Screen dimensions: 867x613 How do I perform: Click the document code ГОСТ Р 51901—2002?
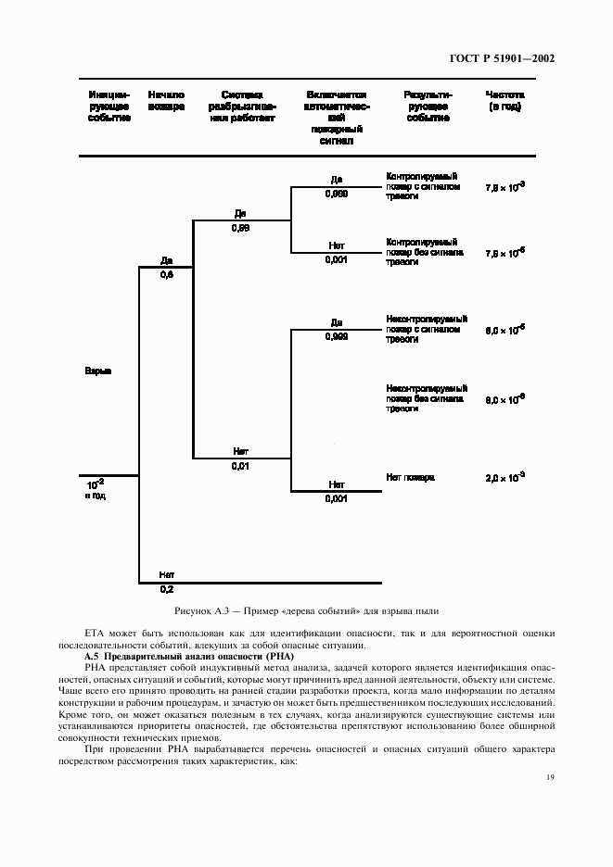[x=503, y=58]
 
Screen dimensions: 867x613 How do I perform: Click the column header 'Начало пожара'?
[x=166, y=101]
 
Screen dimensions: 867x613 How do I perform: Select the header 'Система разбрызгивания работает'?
[x=242, y=107]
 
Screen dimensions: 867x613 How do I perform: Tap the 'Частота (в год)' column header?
[x=504, y=101]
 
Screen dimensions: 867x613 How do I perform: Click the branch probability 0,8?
[x=166, y=275]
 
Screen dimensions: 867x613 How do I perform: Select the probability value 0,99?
[x=240, y=228]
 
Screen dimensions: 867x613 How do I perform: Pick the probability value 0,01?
[x=240, y=466]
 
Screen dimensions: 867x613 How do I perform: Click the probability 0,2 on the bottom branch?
[x=167, y=589]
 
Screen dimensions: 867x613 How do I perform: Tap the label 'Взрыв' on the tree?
[x=98, y=371]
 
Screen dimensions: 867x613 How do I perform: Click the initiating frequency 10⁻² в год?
[x=96, y=489]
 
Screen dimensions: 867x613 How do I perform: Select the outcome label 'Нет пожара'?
[x=410, y=477]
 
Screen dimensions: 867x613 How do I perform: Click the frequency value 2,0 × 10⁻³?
[x=504, y=477]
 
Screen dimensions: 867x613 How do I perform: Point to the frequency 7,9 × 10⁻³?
[x=504, y=187]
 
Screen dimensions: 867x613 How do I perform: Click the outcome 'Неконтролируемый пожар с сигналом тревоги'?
[x=427, y=328]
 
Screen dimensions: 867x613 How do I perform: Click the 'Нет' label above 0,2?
[x=167, y=574]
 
